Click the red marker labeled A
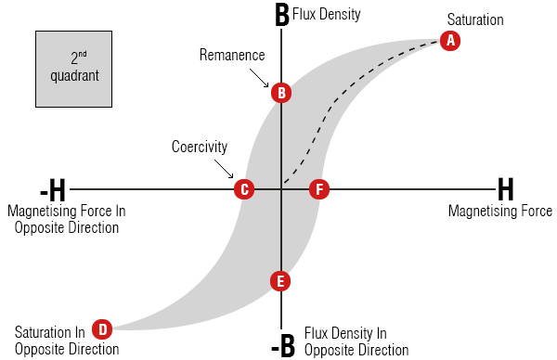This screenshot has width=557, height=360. pos(450,41)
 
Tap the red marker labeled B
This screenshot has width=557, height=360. pos(281,93)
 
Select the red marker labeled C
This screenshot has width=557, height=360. pos(243,189)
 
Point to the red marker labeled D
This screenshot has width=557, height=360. pos(101,328)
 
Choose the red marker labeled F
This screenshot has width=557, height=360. pos(319,189)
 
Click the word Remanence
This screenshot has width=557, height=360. pos(231,55)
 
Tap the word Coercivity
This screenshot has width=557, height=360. pos(199,147)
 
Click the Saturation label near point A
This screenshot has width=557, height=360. pos(474,19)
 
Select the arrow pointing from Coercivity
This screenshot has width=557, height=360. pos(227,170)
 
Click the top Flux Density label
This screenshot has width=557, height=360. pos(326,15)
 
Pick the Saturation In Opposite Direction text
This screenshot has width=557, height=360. pos(67,341)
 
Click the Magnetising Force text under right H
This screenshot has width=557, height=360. pos(499,212)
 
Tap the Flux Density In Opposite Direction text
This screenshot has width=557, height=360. pos(356,341)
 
